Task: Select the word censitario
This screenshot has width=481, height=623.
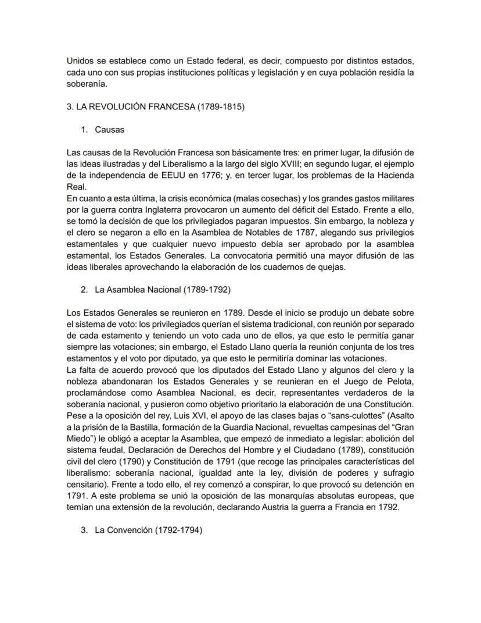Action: [87, 485]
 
